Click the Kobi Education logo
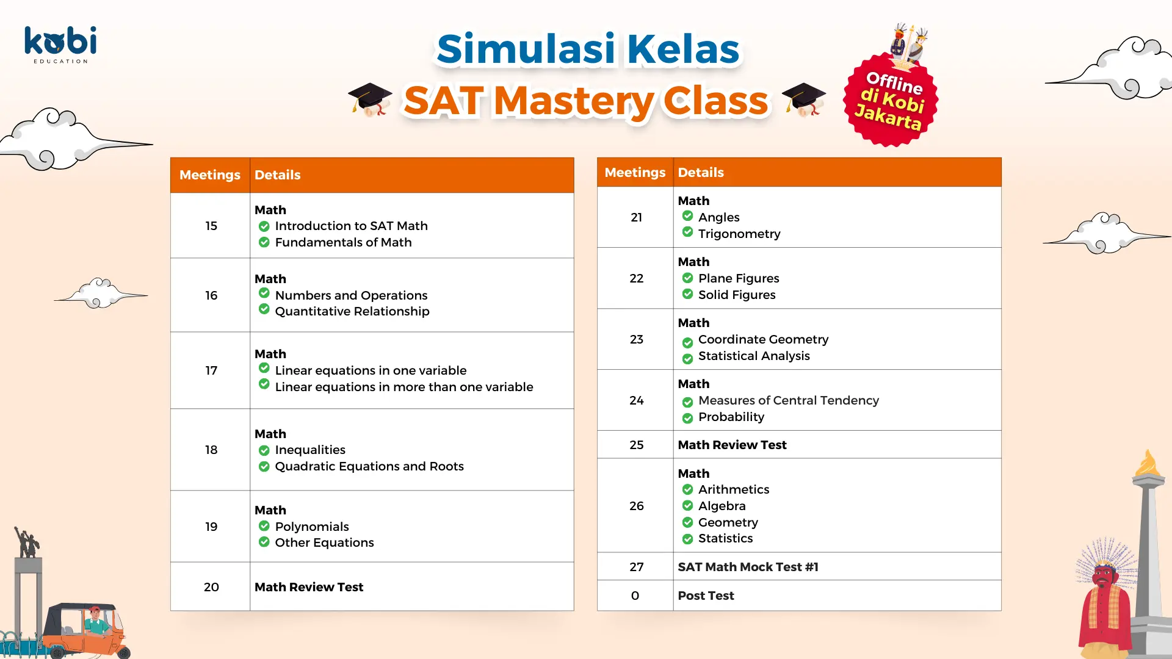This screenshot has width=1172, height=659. [60, 45]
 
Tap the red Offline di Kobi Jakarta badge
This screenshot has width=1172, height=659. [891, 99]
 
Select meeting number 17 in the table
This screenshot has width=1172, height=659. [211, 370]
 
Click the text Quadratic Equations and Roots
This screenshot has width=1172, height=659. [369, 466]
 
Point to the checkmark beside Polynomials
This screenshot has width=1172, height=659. [264, 526]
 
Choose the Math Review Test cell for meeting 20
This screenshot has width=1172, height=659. [309, 587]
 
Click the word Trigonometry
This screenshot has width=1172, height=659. [739, 234]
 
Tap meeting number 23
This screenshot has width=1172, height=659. [637, 339]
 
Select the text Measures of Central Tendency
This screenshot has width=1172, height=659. [789, 400]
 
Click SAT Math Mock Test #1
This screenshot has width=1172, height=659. [748, 567]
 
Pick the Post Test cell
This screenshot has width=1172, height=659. [706, 596]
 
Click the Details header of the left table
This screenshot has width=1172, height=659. [278, 175]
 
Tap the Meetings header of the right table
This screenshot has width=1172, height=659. [635, 173]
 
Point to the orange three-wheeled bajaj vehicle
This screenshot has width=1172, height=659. [85, 631]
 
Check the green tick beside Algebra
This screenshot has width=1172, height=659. [687, 506]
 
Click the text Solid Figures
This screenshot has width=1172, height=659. [737, 295]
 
